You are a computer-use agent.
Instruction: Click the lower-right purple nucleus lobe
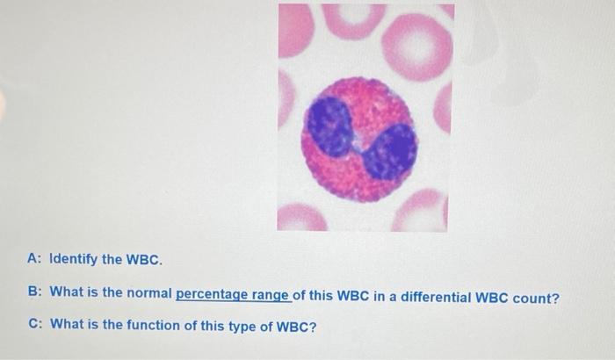388,148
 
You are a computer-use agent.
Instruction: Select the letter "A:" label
35,261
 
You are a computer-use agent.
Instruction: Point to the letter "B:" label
35,293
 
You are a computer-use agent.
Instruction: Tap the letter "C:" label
35,324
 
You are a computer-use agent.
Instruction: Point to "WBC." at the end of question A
142,261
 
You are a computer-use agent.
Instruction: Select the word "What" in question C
67,324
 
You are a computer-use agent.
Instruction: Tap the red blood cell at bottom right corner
423,212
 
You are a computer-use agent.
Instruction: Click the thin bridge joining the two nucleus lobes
357,140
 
